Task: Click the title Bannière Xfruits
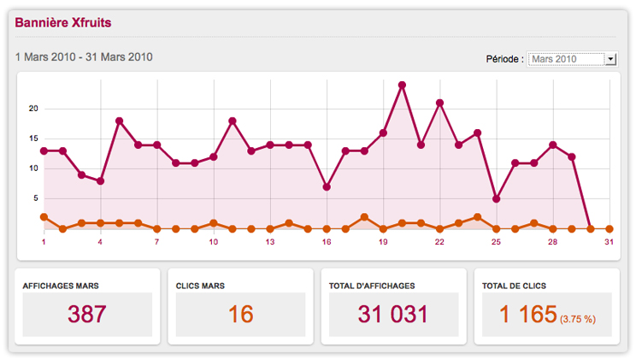62,22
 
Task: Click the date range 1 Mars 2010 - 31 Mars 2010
84,57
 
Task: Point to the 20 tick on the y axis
33,109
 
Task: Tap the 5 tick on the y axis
35,198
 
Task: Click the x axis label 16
327,242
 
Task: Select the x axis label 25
496,242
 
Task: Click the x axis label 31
609,242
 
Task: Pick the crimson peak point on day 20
402,85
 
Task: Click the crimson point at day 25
496,198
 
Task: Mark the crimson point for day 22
439,103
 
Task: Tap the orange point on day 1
44,217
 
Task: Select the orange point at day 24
477,217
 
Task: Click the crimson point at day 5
119,121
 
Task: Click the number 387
87,314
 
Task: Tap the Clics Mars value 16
240,314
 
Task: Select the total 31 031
393,314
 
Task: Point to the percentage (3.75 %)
578,319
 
